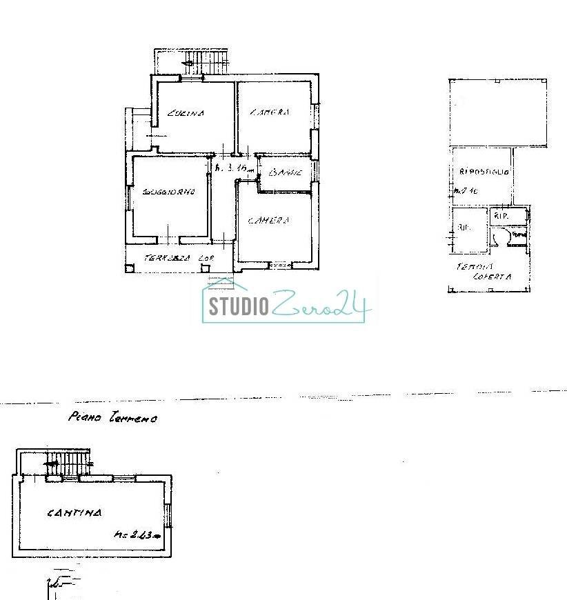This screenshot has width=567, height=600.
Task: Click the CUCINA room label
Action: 186,114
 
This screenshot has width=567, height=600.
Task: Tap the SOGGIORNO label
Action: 168,192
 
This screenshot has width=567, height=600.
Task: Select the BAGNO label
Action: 286,172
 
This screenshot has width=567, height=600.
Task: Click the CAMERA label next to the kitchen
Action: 269,112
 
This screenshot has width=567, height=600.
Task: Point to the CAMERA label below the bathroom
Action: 268,221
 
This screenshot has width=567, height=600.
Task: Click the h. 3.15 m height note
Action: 235,168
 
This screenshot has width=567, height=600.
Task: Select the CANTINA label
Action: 74,513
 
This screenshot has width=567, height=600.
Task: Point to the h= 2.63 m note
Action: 137,534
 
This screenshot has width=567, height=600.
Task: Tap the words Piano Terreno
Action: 112,417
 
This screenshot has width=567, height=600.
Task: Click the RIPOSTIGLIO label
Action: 484,172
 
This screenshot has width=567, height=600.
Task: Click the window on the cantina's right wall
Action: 168,514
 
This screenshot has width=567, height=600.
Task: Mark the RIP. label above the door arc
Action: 500,216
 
